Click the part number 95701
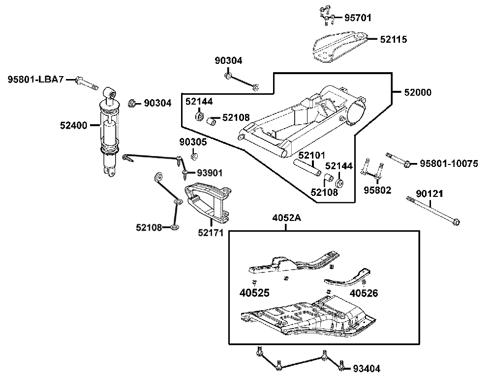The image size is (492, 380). [x=358, y=18]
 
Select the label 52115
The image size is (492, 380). [x=394, y=39]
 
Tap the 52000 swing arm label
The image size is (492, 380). [x=418, y=92]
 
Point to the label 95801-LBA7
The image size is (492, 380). [x=36, y=80]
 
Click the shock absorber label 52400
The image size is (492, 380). [x=73, y=126]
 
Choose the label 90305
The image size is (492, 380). [x=193, y=142]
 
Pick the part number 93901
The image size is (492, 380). [x=210, y=173]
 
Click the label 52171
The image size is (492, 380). [x=211, y=233]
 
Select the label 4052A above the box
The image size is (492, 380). [x=286, y=217]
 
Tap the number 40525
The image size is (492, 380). [x=254, y=293]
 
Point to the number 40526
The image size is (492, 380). [x=364, y=293]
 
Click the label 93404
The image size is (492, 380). [x=367, y=369]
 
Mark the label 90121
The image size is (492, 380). [x=430, y=194]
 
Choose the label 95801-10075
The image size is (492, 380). [x=449, y=163]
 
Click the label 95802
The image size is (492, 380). [x=377, y=190]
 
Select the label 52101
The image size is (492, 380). [x=311, y=155]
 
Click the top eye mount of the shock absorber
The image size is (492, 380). [x=110, y=93]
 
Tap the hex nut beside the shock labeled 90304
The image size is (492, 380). [x=132, y=103]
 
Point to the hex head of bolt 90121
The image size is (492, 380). [x=457, y=222]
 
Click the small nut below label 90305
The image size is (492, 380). [x=194, y=156]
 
